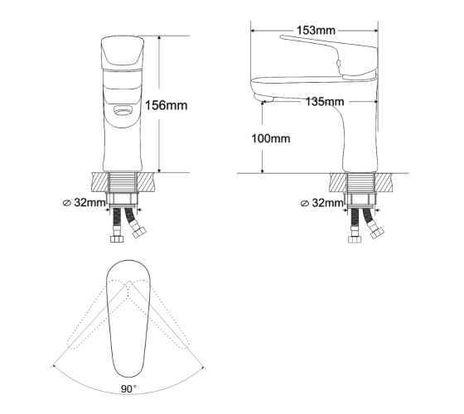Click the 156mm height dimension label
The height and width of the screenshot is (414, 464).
coord(166,105)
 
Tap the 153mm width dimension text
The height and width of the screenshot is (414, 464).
coord(316,30)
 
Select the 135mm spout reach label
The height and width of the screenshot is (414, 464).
coord(325,102)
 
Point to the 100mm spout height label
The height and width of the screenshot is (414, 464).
coord(271,138)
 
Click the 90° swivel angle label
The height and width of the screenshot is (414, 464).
coord(128,389)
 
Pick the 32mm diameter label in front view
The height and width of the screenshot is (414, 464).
coord(85,203)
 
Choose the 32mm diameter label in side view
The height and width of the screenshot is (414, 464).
coord(322,203)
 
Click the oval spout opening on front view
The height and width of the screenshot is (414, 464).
coord(123,111)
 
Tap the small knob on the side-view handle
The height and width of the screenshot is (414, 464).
coord(339,62)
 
